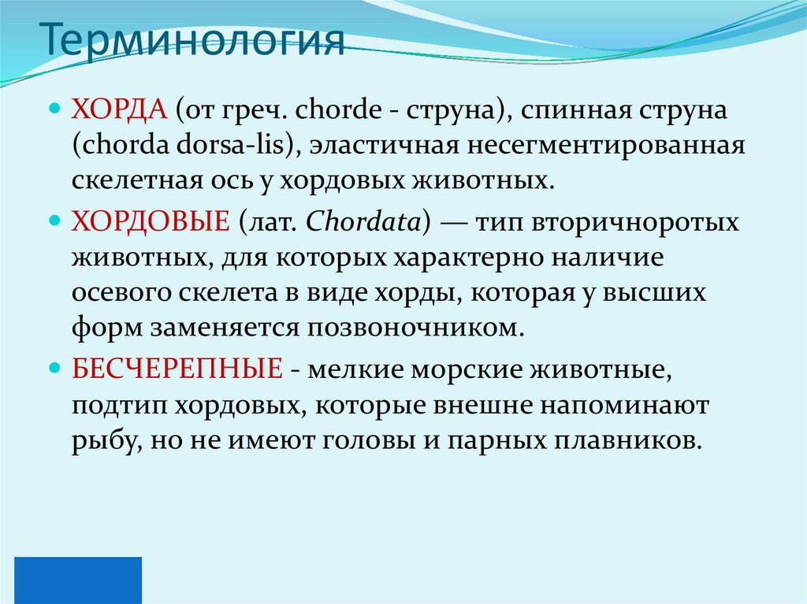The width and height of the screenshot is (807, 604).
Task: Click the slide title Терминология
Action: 192,42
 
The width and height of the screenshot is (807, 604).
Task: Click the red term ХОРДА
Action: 117,110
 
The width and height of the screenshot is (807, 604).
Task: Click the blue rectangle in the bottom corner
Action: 78,580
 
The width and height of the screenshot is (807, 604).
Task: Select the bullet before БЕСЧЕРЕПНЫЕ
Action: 54,368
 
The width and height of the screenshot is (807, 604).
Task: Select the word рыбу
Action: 98,441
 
